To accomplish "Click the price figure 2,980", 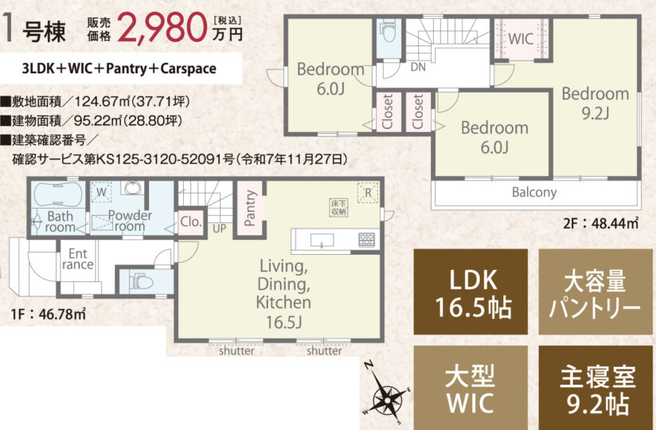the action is (x=163, y=28).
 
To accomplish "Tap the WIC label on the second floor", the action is (x=521, y=39).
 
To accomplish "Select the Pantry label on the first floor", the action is (x=250, y=208).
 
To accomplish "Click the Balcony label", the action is (x=534, y=193).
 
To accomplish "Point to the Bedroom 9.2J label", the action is (x=595, y=103).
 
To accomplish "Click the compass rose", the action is (x=387, y=394).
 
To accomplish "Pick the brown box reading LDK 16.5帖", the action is (x=471, y=291).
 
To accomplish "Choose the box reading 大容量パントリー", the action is (x=595, y=291).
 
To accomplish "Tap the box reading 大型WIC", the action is (x=471, y=388).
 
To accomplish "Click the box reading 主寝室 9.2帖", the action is (x=595, y=388).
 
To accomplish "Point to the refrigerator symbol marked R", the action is (x=368, y=193).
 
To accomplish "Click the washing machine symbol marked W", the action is (x=102, y=193).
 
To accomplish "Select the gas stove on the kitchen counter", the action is (x=366, y=240).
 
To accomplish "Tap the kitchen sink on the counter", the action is (x=322, y=240).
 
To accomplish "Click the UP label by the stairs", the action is (x=219, y=229).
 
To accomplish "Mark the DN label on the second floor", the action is (x=418, y=67).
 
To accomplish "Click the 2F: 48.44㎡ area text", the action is (x=601, y=224).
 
